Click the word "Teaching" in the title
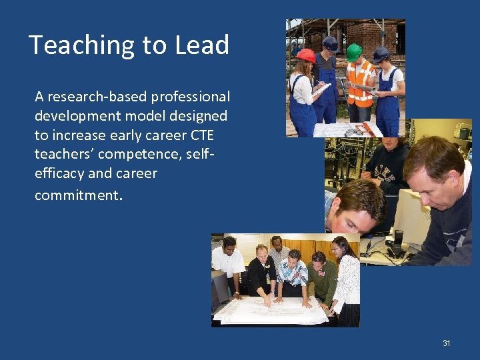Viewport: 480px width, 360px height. [x=69, y=45]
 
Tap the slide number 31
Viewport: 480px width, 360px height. [x=447, y=343]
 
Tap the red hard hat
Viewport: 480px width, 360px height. [x=306, y=55]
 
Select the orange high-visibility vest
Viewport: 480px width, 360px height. [x=359, y=83]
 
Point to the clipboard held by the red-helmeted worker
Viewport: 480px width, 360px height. [x=323, y=88]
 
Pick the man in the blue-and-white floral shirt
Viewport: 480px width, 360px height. [x=293, y=273]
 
